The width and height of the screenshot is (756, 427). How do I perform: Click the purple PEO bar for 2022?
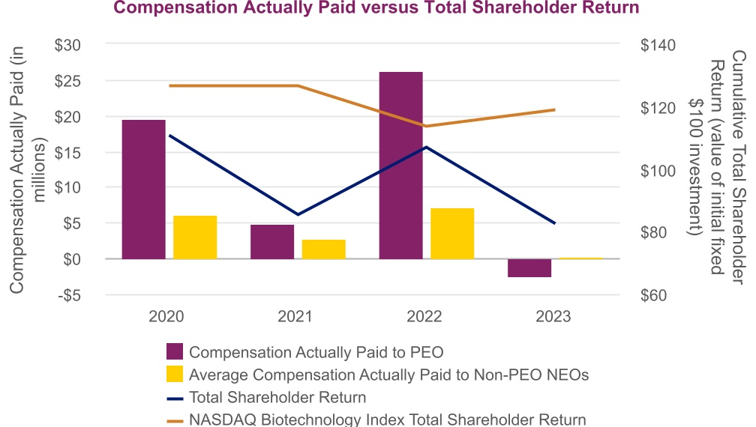coord(400,165)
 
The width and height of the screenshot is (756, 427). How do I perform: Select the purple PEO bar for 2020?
coord(143,189)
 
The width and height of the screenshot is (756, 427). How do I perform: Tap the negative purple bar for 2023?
coord(529,267)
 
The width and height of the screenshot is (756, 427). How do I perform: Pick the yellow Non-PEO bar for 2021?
coord(324,249)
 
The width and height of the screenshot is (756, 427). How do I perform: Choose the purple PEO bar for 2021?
coord(272,241)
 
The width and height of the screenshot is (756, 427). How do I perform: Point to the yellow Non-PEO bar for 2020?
coord(195,237)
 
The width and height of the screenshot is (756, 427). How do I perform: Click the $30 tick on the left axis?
coord(73,45)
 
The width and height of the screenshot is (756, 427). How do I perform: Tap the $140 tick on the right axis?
coord(658,45)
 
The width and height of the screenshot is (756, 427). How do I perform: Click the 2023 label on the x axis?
coord(553,317)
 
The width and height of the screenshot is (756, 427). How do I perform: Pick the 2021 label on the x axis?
coord(295,317)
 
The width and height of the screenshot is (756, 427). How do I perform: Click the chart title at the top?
coord(376,8)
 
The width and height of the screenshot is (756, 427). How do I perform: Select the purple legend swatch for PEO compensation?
coord(174,352)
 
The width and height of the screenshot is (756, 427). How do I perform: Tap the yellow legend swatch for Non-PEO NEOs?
coord(174,375)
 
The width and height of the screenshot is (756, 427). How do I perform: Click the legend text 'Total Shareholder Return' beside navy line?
coord(277,397)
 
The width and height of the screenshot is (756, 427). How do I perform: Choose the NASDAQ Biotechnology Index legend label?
coord(388,420)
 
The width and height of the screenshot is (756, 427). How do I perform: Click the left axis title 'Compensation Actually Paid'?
coord(29,169)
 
